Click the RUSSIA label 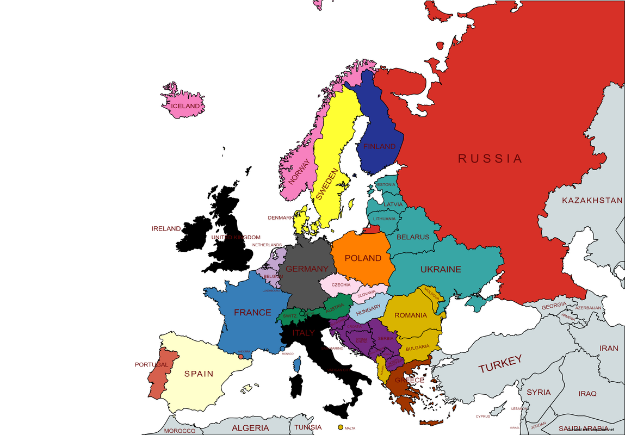[490, 159]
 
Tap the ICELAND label [185, 106]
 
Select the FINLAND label [379, 147]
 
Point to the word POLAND [363, 258]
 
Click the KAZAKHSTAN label [592, 201]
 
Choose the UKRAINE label [441, 269]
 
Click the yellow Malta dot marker [341, 428]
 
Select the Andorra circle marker [241, 357]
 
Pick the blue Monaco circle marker [282, 349]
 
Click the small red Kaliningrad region [372, 230]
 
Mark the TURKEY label [500, 364]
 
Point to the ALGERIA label [250, 428]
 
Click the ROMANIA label [411, 315]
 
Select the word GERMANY [307, 269]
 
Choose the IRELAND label [166, 229]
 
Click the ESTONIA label [386, 185]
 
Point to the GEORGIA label [554, 306]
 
